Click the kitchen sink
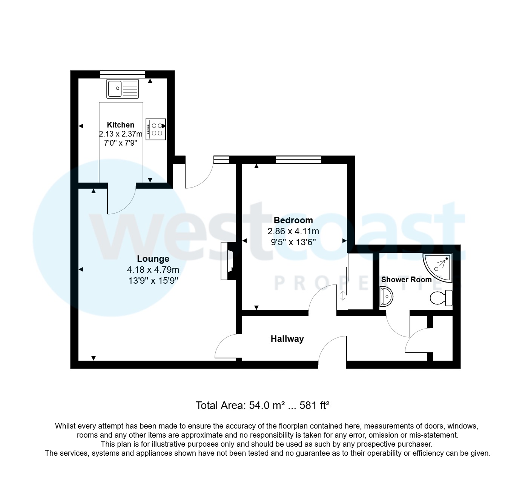tap(123, 89)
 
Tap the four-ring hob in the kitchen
tap(156, 129)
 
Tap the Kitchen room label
tap(121, 125)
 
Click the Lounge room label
tap(153, 259)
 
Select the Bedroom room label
tap(293, 220)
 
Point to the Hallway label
tap(287, 339)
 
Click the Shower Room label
tap(406, 280)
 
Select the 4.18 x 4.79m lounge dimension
tap(153, 270)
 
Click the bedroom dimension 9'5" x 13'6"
tap(293, 242)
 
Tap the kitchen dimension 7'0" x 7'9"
tap(121, 143)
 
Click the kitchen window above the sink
tap(123, 74)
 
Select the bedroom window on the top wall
tap(298, 159)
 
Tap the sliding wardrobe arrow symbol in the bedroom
tap(342, 296)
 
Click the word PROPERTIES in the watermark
tap(368, 283)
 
